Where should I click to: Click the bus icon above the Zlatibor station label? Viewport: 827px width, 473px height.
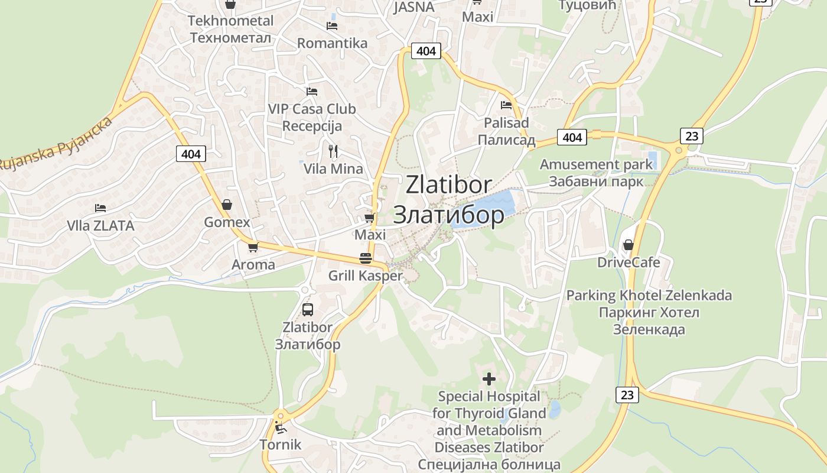click(308, 309)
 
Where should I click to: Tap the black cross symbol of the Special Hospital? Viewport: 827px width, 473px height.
click(489, 378)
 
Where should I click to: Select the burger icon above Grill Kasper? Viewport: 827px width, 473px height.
click(365, 258)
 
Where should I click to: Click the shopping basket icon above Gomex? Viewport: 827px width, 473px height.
click(227, 205)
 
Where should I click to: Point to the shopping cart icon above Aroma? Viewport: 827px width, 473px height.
click(253, 247)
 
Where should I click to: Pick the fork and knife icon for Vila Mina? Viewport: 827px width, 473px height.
click(333, 151)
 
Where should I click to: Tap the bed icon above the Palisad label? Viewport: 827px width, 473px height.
click(506, 105)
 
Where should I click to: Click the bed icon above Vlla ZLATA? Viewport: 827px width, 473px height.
click(100, 208)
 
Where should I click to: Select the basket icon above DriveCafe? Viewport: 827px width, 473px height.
click(628, 244)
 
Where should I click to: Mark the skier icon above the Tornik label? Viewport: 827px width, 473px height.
click(281, 426)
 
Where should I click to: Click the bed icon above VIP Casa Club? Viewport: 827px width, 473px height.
click(312, 92)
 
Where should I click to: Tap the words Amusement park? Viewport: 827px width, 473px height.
click(596, 164)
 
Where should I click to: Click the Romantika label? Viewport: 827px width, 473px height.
click(332, 43)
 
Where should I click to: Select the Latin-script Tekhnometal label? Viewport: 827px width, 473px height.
click(230, 21)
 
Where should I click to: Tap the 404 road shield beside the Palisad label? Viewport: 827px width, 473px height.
click(572, 138)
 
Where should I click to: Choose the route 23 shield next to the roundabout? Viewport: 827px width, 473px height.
click(691, 137)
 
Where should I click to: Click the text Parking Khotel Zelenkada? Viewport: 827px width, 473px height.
click(649, 295)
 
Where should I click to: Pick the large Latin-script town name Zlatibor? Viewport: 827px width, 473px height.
click(448, 185)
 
